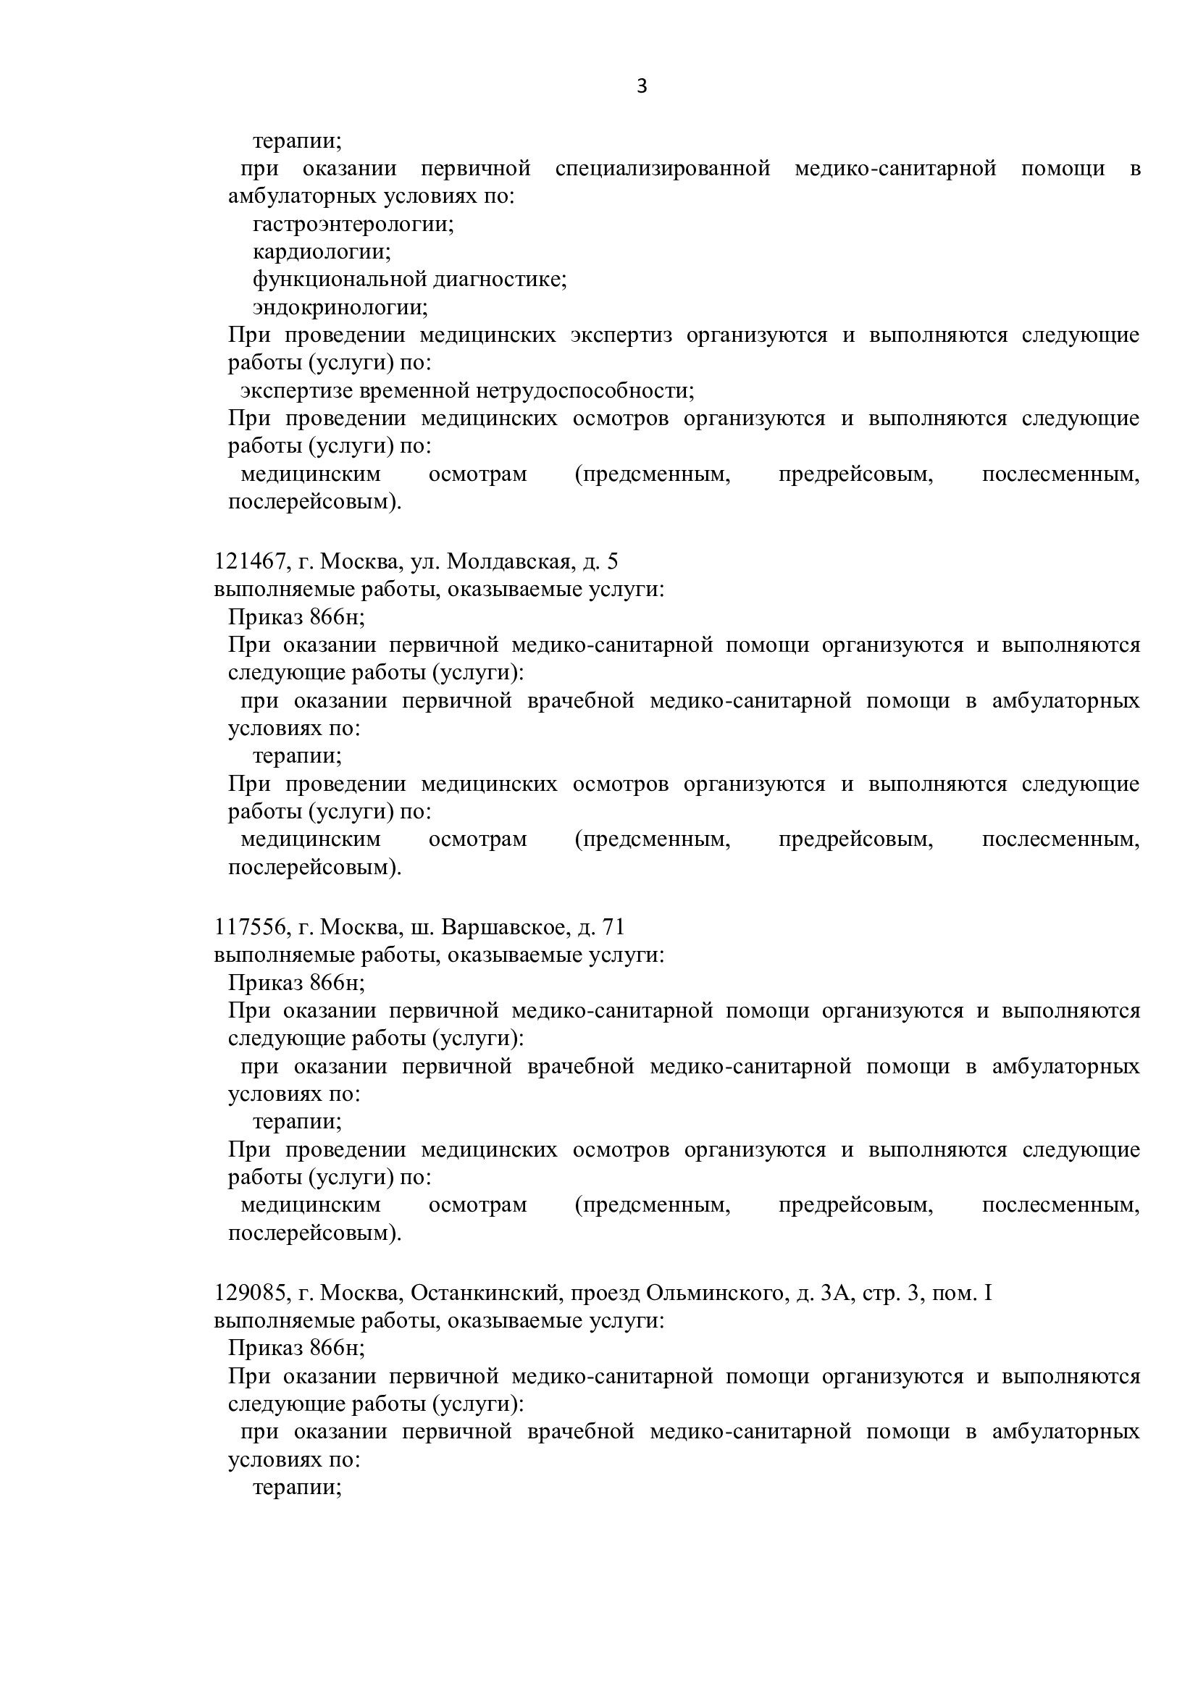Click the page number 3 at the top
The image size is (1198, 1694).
(x=641, y=87)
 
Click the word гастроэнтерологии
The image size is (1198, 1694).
(x=353, y=224)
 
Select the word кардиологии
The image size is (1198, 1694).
(x=322, y=251)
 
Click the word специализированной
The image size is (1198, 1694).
(x=663, y=169)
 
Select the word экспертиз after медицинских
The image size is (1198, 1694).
(x=621, y=335)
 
